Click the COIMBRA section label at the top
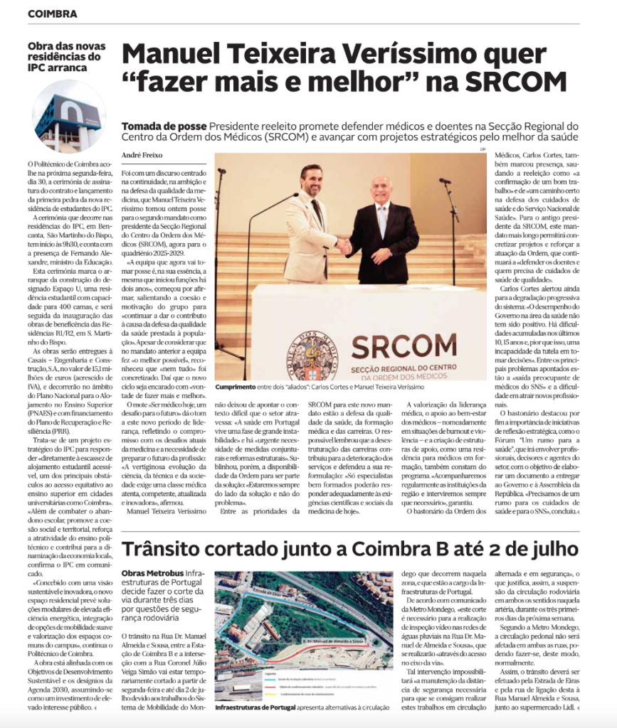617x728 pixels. (x=53, y=14)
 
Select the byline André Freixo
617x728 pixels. (x=142, y=154)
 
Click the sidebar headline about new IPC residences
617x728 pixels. (x=65, y=57)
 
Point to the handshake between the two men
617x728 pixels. (x=344, y=245)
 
